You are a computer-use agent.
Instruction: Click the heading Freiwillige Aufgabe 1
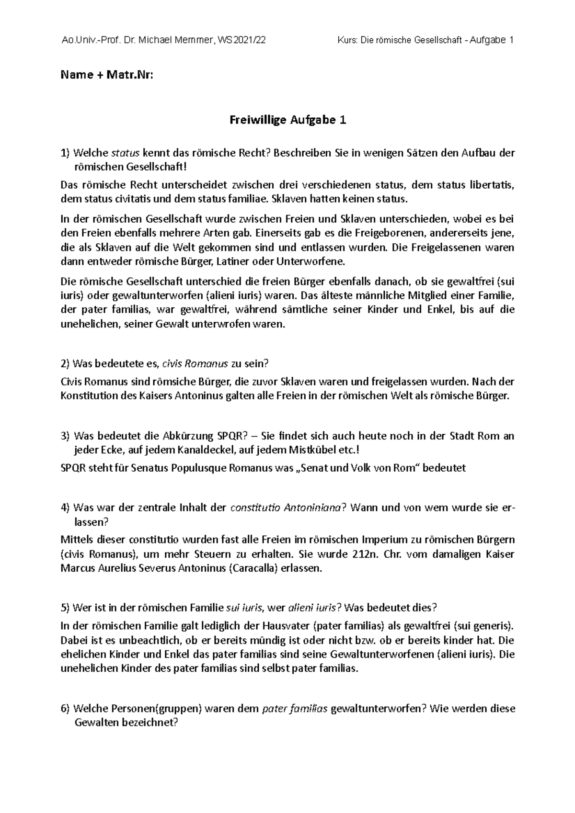click(287, 121)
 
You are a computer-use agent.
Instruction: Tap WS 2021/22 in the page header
click(241, 40)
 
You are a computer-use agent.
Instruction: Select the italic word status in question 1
click(125, 153)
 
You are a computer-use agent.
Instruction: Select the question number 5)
click(66, 608)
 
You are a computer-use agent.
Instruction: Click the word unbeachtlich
click(139, 640)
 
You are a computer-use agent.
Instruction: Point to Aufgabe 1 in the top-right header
click(492, 40)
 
